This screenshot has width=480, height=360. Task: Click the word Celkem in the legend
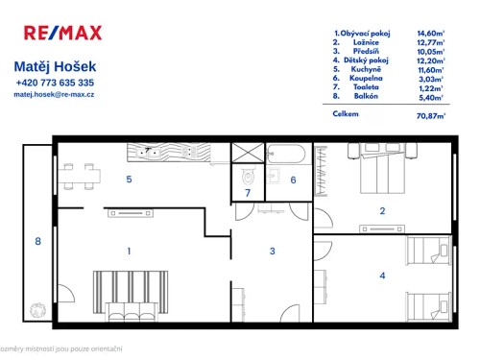346,114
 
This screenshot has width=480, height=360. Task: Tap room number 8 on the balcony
38,241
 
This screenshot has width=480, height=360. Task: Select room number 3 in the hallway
273,252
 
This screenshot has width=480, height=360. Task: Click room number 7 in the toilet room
247,194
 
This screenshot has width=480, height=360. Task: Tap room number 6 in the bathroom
294,180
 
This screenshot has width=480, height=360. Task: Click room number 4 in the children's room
382,276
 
